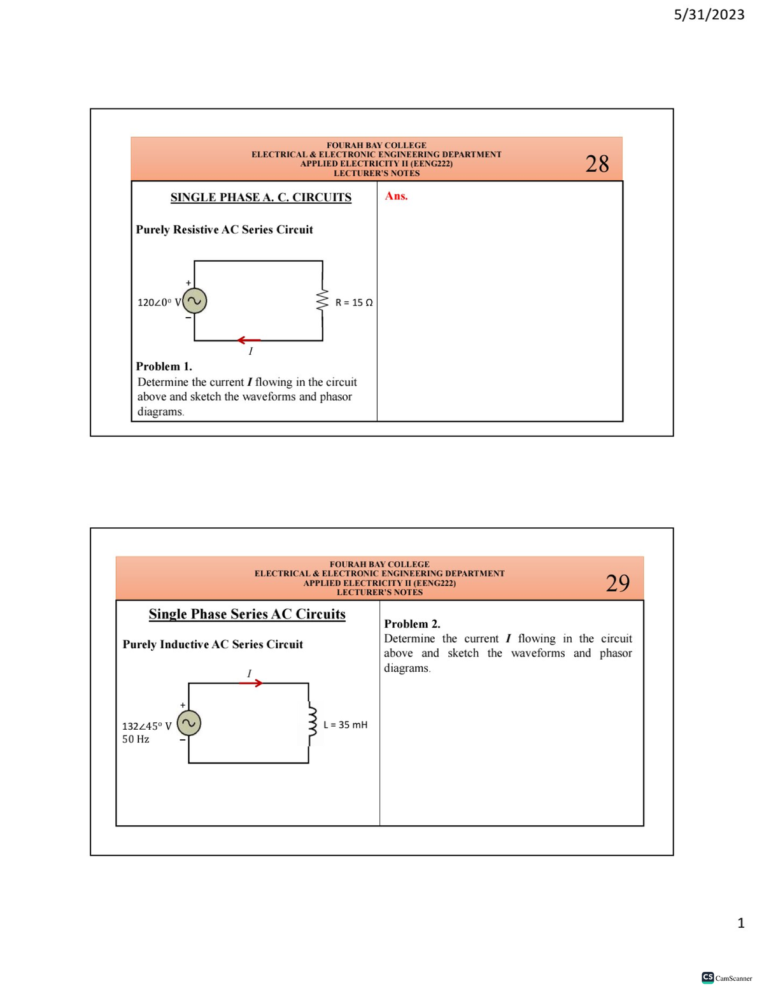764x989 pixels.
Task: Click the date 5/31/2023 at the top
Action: tap(709, 15)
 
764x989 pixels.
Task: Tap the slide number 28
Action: tap(597, 164)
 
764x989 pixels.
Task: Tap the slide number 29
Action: tap(617, 583)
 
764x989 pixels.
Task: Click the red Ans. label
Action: tap(396, 196)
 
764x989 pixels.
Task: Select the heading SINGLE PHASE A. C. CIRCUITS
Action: tap(260, 197)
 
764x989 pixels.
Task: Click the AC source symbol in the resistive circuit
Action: tap(195, 301)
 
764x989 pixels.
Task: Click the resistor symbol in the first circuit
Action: tap(323, 301)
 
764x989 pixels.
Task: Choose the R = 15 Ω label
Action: tap(354, 302)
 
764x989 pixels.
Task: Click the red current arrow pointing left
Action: tap(249, 340)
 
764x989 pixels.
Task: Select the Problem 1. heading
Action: tap(164, 366)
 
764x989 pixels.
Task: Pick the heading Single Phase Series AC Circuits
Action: tap(247, 614)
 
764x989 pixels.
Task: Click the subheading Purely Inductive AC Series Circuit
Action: tap(213, 644)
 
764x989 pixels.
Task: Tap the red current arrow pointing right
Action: tap(251, 683)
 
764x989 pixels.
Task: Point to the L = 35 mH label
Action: tap(345, 725)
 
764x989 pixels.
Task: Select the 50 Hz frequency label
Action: tap(136, 739)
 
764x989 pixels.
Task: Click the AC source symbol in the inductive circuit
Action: tap(189, 723)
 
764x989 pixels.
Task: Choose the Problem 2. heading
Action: tap(412, 624)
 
